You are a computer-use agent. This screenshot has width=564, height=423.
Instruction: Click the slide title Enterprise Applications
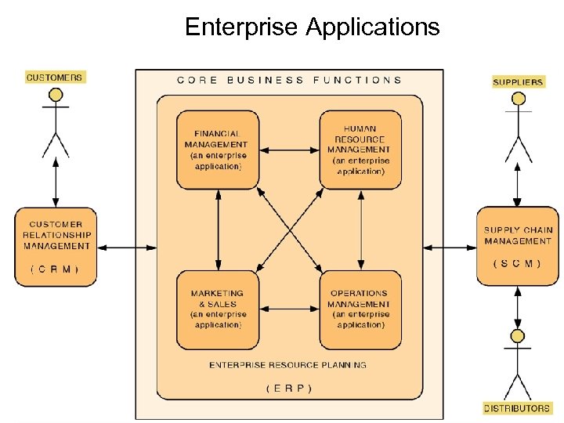[312, 27]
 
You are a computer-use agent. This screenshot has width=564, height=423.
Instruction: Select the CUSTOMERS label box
[54, 77]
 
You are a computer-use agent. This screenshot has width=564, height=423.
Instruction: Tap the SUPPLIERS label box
[517, 81]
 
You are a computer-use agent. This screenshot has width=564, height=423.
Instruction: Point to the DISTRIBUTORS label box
[516, 408]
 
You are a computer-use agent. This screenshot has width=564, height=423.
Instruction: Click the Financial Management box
[217, 150]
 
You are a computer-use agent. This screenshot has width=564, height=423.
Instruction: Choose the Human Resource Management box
[360, 150]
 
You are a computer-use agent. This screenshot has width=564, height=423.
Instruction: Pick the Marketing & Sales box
[217, 309]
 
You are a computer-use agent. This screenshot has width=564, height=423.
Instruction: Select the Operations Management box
[360, 309]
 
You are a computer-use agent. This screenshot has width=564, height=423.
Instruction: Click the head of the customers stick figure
[56, 96]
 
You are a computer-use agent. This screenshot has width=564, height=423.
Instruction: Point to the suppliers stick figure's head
[517, 99]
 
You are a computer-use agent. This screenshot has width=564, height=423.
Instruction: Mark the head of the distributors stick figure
[517, 337]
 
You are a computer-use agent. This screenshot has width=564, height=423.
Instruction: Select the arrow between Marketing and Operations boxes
[289, 309]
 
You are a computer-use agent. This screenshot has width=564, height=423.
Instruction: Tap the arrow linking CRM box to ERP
[126, 248]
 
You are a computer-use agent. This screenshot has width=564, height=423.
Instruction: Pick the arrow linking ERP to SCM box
[450, 248]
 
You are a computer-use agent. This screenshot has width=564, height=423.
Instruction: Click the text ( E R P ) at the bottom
[289, 388]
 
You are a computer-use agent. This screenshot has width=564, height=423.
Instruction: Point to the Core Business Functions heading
[289, 80]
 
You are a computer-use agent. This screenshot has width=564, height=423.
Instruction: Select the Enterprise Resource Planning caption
[287, 365]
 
